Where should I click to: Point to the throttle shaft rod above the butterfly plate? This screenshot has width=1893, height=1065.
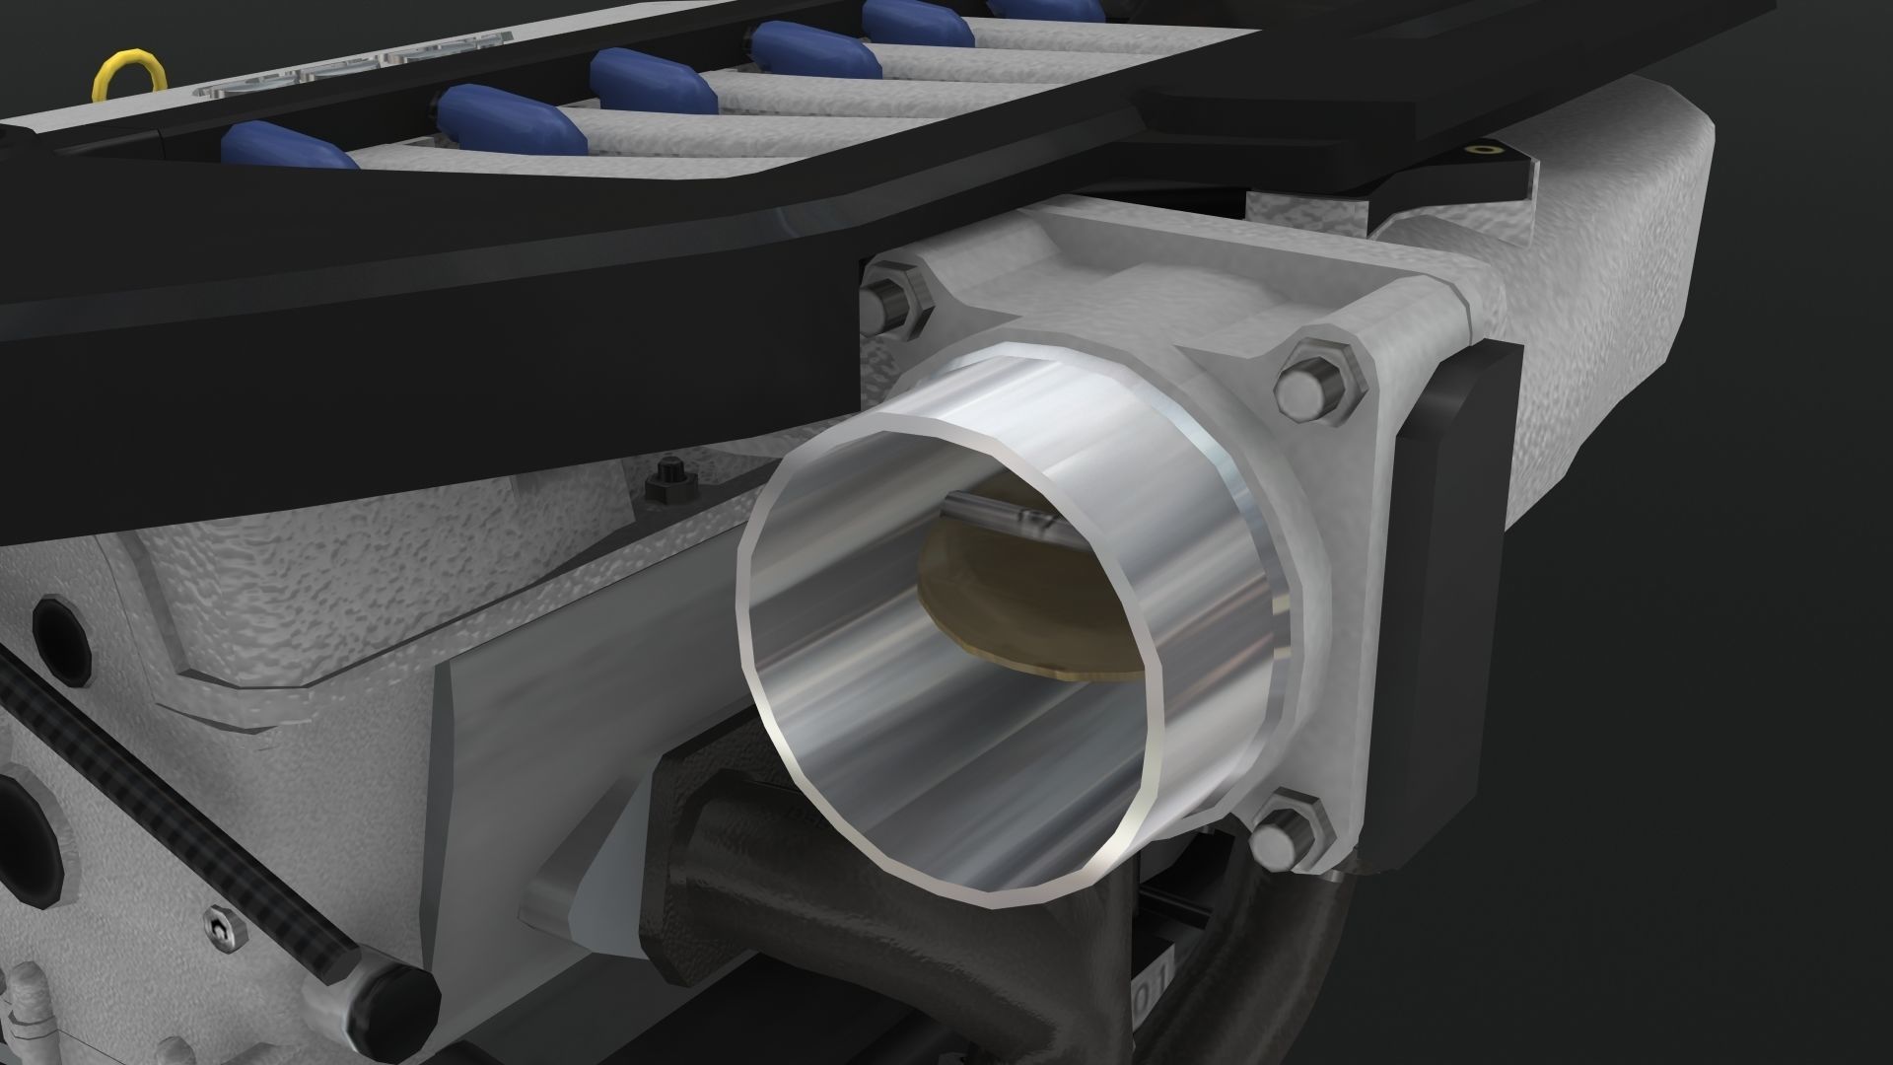point(996,512)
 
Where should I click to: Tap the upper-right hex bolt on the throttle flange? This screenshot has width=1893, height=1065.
point(1311,384)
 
